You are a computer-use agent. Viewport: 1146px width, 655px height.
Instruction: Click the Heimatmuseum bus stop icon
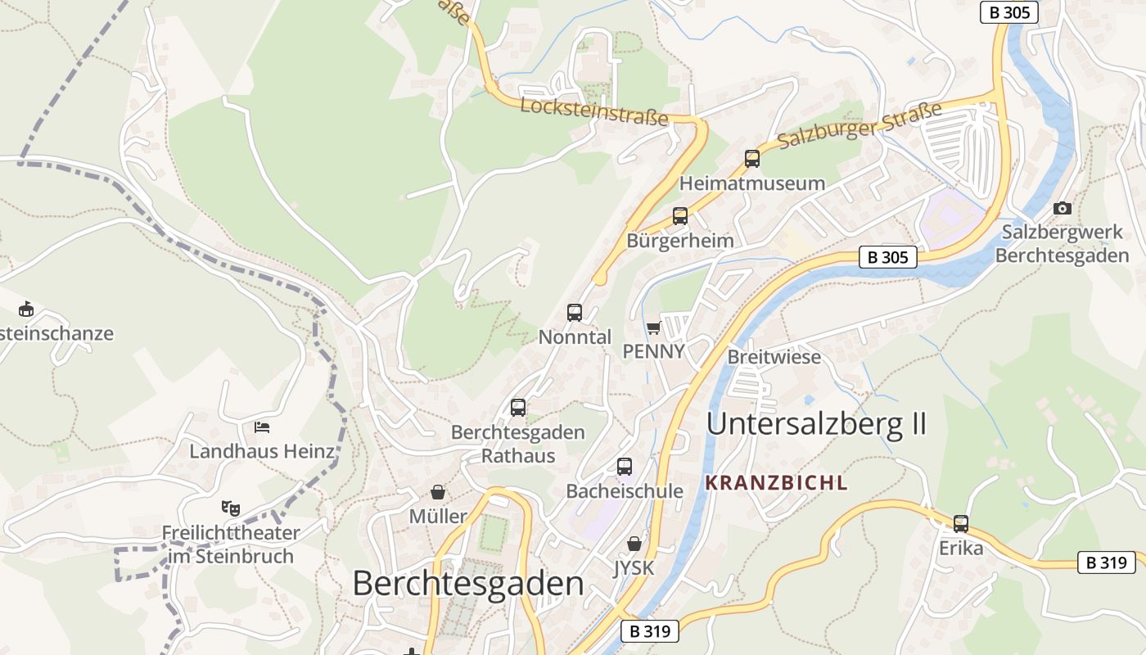(751, 159)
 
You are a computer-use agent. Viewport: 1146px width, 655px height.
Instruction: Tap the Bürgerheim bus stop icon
(680, 216)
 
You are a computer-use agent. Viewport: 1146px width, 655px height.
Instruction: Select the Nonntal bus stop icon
(575, 312)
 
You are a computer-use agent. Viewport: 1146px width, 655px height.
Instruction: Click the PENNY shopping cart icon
(653, 328)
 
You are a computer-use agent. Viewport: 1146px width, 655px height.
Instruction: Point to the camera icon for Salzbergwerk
(1063, 208)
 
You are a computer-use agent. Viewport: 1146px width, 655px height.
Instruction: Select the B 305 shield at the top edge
(1008, 12)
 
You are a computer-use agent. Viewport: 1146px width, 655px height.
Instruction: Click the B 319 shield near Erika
(1106, 562)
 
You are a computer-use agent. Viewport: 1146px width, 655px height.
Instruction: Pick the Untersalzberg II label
(816, 424)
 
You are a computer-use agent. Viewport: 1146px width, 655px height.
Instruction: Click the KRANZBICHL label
(776, 483)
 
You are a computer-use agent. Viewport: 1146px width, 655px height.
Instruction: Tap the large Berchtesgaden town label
(468, 584)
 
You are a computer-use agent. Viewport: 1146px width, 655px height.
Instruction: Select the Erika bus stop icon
(961, 523)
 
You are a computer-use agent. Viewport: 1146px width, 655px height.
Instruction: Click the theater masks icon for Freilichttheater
(231, 508)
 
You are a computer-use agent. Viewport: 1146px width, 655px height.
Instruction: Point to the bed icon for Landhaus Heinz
(262, 427)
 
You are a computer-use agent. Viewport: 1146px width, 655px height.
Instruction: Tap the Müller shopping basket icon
(438, 492)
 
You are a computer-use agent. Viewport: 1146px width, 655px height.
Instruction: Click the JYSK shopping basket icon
(634, 543)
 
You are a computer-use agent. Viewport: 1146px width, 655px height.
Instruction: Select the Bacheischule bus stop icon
(625, 467)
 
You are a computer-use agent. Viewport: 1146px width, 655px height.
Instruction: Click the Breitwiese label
(774, 358)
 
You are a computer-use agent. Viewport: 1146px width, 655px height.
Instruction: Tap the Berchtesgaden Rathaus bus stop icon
(518, 407)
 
